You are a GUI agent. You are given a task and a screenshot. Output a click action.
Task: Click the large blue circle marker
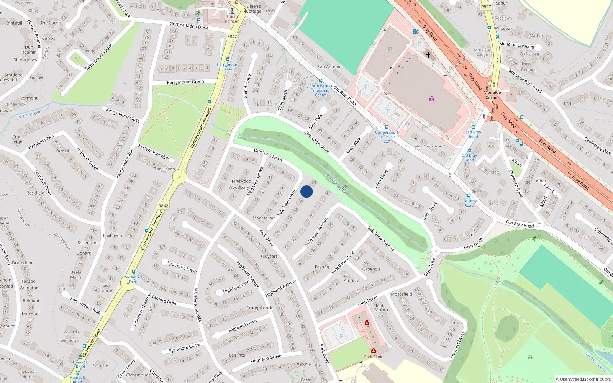point(306,191)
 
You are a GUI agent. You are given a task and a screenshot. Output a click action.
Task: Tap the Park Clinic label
point(373,357)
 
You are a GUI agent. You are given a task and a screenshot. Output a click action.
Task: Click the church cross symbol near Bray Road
point(428,55)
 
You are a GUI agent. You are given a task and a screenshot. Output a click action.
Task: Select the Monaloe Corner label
point(492,95)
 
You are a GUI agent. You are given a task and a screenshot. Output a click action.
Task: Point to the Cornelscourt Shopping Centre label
point(321,90)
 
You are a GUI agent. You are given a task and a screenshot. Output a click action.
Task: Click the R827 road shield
point(486,7)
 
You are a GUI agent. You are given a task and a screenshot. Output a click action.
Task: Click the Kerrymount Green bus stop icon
point(228,59)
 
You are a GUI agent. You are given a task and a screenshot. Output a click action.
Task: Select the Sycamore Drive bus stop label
point(133,279)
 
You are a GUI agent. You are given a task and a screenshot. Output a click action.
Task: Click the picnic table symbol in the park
point(530,357)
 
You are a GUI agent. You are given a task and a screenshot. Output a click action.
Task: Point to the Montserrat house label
point(264,218)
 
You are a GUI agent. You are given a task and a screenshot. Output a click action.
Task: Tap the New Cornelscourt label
point(430,146)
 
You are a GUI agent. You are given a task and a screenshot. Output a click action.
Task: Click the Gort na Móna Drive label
point(189,26)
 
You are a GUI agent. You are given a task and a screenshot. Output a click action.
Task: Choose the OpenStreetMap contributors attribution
point(583,379)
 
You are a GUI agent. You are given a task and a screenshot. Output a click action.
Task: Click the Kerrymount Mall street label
point(154,152)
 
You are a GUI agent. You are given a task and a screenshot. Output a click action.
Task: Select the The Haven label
point(164,169)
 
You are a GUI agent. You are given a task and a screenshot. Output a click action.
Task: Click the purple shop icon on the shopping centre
point(432,99)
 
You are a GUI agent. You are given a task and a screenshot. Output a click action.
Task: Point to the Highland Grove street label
point(266,359)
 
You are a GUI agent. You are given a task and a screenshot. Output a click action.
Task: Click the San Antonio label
point(329,67)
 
